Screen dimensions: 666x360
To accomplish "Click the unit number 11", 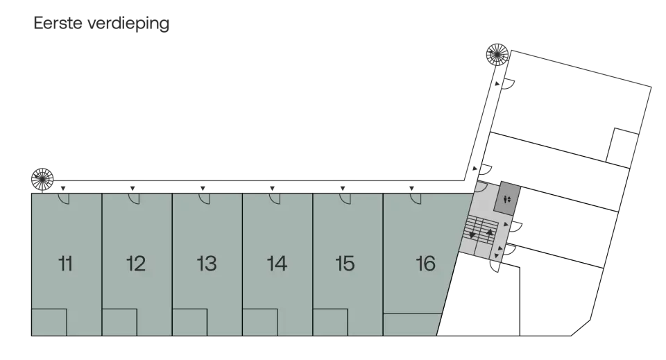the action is pyautogui.click(x=65, y=264).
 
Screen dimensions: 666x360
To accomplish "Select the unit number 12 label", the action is pyautogui.click(x=136, y=264).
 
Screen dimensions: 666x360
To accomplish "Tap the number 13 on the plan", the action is pyautogui.click(x=207, y=264).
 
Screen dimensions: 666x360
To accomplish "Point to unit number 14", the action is pyautogui.click(x=277, y=264).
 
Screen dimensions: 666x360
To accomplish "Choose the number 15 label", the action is pyautogui.click(x=345, y=264).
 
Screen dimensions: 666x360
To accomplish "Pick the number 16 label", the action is pyautogui.click(x=425, y=264).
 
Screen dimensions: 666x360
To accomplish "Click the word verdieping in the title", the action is pyautogui.click(x=129, y=24).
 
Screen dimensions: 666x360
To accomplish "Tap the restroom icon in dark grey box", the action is pyautogui.click(x=506, y=199).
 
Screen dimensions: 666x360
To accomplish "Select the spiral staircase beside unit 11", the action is pyautogui.click(x=42, y=179).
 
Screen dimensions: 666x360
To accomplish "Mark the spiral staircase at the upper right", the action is pyautogui.click(x=497, y=54).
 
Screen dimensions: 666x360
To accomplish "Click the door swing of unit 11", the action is pyautogui.click(x=64, y=198).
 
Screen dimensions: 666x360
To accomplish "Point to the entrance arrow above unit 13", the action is pyautogui.click(x=203, y=188).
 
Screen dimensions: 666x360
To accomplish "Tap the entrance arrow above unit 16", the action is pyautogui.click(x=411, y=188).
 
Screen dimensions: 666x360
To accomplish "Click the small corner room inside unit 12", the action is pyautogui.click(x=119, y=323).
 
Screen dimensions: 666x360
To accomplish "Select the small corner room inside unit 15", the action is pyautogui.click(x=330, y=323).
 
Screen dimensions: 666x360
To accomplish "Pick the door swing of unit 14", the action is pyautogui.click(x=275, y=198).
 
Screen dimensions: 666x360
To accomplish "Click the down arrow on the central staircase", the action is pyautogui.click(x=472, y=234).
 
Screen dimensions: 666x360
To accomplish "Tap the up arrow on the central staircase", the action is pyautogui.click(x=490, y=232).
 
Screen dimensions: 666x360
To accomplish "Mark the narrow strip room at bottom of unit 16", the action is pyautogui.click(x=411, y=325).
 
